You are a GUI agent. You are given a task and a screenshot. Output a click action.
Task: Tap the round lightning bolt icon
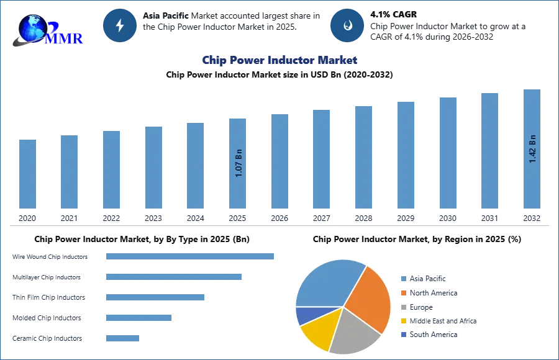120,25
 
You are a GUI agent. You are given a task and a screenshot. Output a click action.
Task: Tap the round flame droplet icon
347,25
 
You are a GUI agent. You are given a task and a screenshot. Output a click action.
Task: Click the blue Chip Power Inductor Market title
279,61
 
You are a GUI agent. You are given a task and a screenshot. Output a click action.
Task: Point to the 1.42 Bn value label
532,149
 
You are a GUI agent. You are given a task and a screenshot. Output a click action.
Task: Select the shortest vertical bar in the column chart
27,174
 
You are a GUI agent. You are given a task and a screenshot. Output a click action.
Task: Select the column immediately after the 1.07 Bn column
278,161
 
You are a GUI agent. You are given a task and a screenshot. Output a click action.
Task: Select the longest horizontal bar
191,258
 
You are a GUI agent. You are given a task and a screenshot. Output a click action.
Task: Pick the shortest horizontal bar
122,338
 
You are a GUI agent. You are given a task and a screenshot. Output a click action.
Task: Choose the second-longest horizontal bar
173,277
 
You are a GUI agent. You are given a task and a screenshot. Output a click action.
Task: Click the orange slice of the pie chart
370,298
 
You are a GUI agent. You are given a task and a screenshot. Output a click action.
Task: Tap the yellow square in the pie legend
402,322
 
